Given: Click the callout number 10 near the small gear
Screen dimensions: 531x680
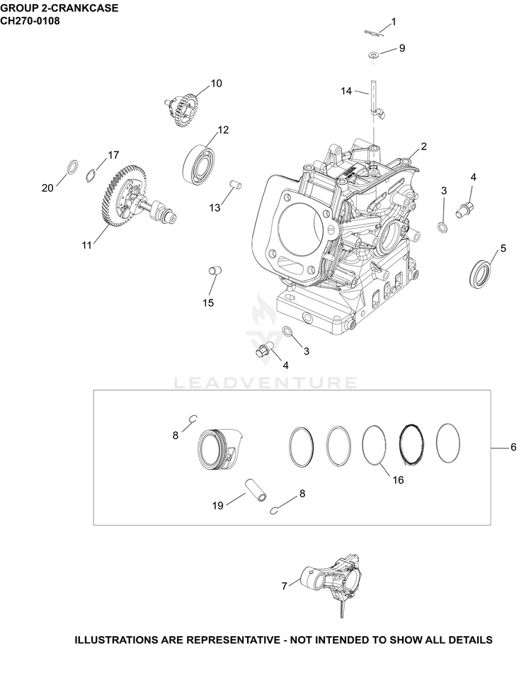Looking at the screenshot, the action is [x=217, y=84].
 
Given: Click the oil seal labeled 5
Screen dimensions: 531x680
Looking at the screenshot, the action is [x=481, y=273].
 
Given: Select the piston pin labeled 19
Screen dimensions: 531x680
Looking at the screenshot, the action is [x=257, y=490].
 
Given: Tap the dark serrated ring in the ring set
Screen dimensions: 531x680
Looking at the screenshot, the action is [x=411, y=443].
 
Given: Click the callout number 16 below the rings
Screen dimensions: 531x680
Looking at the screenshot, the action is [x=398, y=480].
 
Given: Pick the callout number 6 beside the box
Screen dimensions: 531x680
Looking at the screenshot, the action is [x=514, y=447].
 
